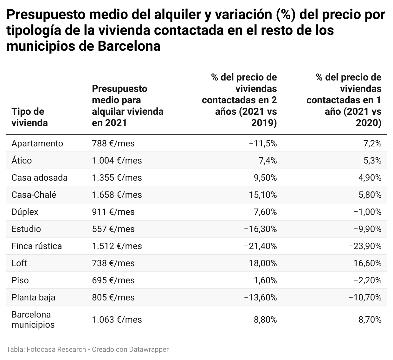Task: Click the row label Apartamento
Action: click(37, 144)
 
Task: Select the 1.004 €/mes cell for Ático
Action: click(117, 161)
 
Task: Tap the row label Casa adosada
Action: click(39, 178)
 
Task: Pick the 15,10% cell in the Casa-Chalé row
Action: click(263, 195)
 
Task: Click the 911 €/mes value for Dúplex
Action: click(113, 212)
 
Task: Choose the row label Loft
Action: click(19, 263)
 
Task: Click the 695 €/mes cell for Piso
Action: click(113, 280)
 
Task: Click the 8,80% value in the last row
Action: click(265, 320)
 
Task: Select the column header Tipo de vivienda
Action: click(29, 117)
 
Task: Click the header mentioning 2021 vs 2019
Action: click(239, 100)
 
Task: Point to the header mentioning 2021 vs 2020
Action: click(344, 100)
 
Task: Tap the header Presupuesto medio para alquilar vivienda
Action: click(127, 106)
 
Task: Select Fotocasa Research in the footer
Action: click(56, 350)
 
